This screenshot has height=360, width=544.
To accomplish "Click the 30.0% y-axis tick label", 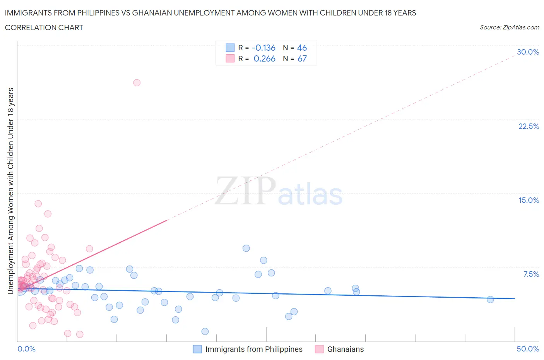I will [528, 52].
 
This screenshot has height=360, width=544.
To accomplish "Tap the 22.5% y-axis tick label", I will [529, 126].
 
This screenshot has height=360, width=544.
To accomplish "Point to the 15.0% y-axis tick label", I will [529, 200].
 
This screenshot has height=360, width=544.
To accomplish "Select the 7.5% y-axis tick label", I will [531, 274].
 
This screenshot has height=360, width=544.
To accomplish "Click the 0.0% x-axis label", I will [26, 349].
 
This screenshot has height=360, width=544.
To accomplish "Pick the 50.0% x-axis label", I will [528, 349].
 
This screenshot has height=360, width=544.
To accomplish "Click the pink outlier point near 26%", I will [137, 82].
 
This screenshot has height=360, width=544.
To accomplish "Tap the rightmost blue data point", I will [490, 299].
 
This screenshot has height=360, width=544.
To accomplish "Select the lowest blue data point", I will [205, 331].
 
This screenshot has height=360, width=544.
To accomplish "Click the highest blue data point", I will [246, 248].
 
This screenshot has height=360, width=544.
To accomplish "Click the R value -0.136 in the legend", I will [263, 48].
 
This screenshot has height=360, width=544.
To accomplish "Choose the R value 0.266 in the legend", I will [264, 58].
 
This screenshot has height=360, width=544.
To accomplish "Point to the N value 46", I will [302, 48].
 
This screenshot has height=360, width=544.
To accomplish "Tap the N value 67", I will [302, 58].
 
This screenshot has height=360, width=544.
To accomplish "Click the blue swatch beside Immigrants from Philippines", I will [197, 349].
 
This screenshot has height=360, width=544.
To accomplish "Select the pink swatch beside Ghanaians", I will [319, 349].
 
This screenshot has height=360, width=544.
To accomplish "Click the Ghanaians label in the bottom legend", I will [346, 349].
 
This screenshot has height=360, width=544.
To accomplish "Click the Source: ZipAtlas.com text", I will [509, 27].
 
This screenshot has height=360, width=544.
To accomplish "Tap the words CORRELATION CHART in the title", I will [44, 27].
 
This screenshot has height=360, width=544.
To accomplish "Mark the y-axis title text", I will [11, 191].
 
